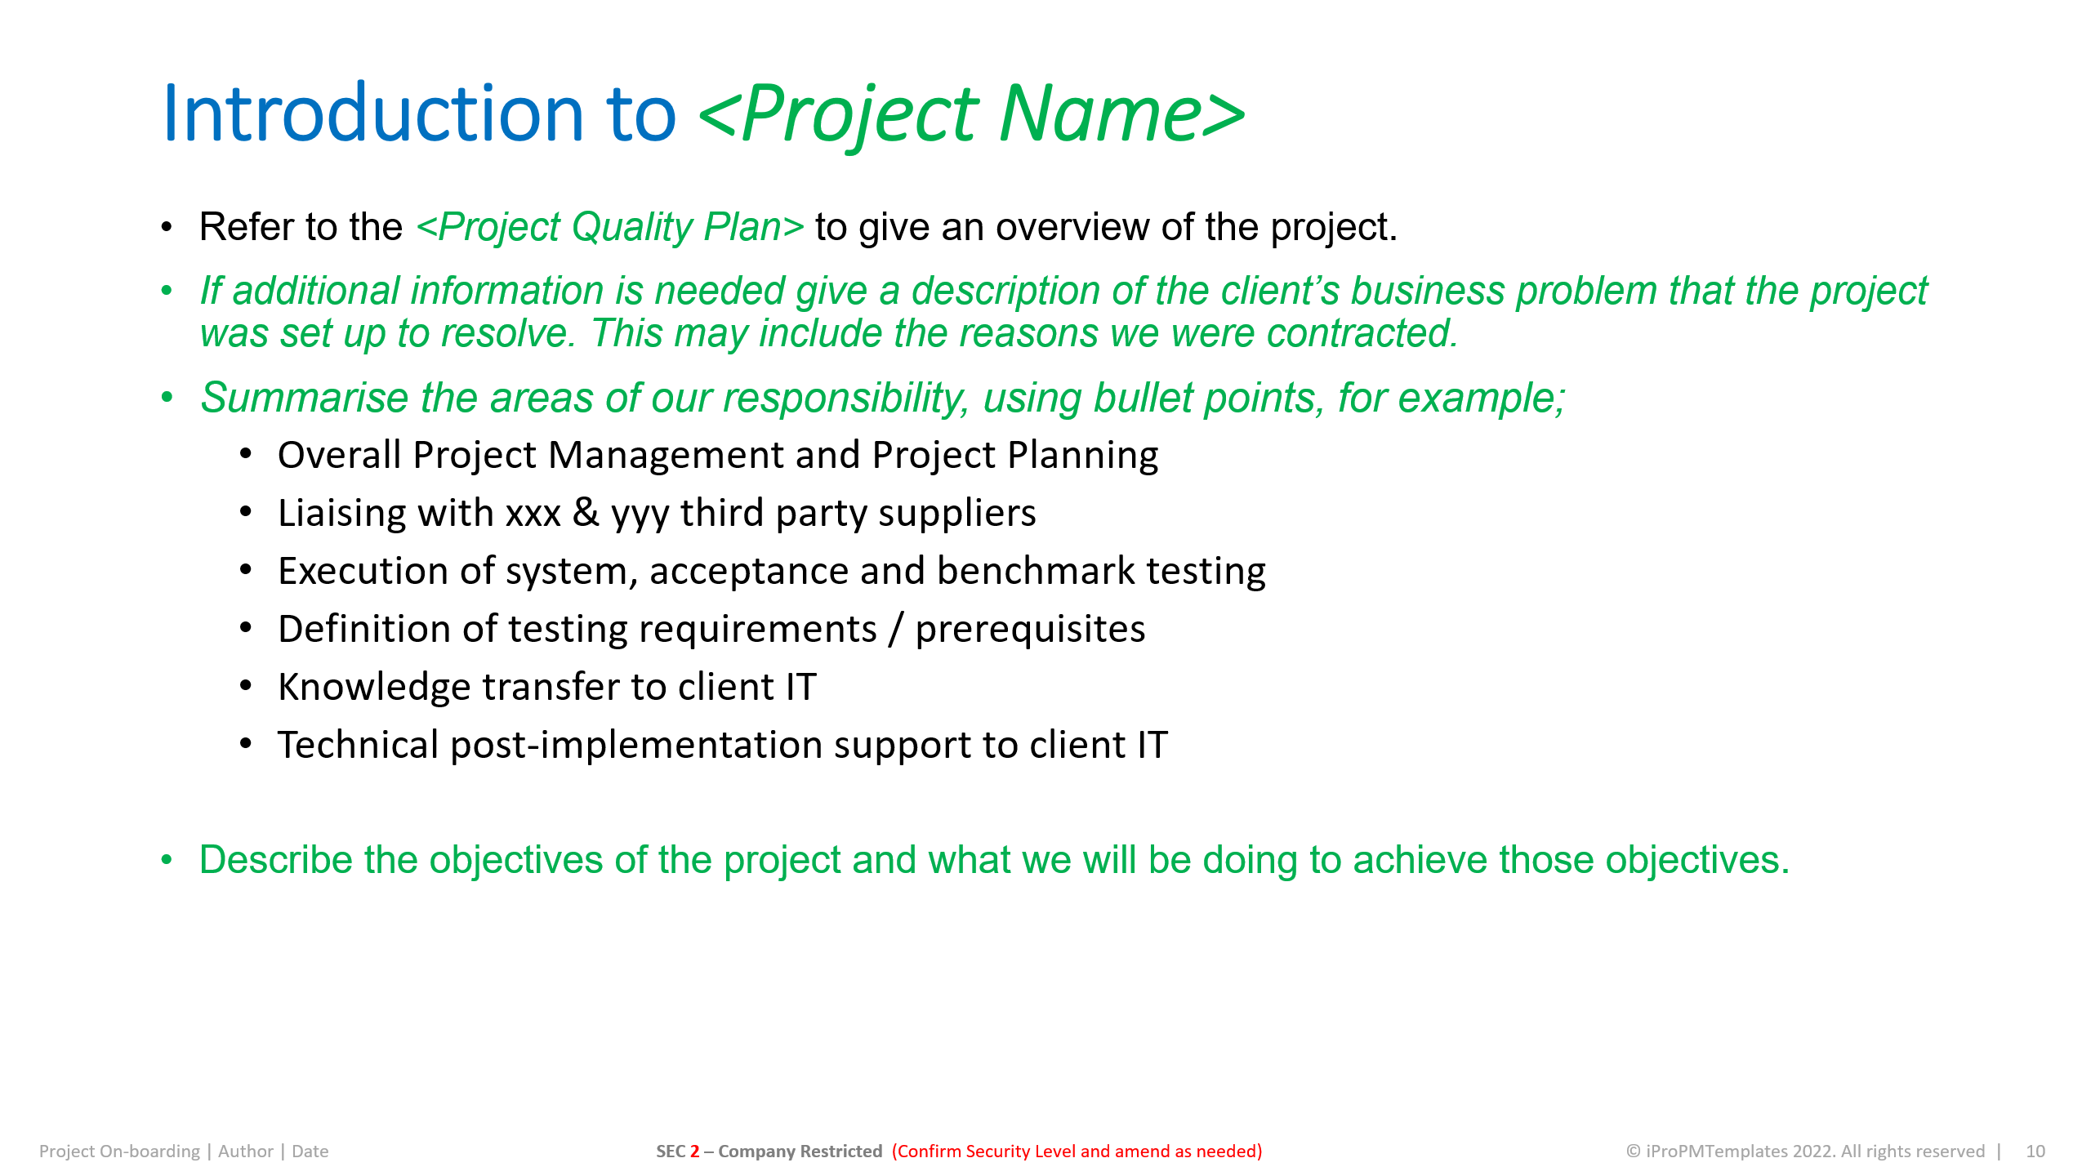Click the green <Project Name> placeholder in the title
[972, 114]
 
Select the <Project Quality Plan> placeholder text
[610, 227]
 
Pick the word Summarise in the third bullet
[304, 399]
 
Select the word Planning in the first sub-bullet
[1082, 455]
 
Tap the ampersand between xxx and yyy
[586, 513]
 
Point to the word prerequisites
[1030, 629]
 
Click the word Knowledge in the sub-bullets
[374, 687]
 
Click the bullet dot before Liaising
[246, 513]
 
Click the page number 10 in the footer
[2035, 1151]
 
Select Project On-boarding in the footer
[119, 1151]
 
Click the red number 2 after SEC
[694, 1151]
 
